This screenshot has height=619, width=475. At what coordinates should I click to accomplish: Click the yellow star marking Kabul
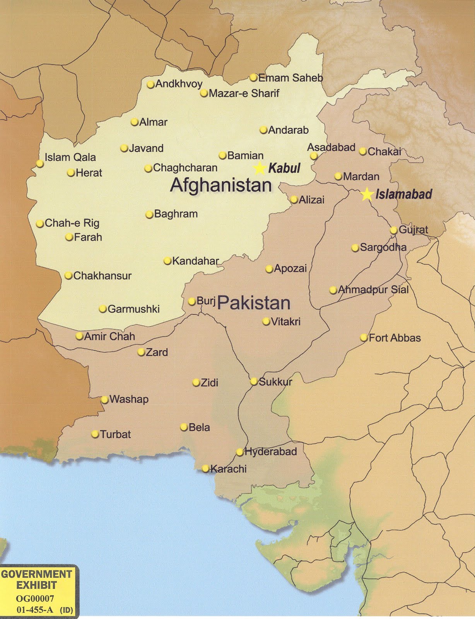(260, 169)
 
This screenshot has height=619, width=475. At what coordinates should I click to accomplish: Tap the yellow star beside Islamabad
(366, 194)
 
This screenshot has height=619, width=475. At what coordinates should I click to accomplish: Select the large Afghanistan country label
(221, 185)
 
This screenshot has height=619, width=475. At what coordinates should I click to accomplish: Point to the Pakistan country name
(254, 303)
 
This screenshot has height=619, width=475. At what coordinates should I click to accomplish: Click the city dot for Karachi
(205, 469)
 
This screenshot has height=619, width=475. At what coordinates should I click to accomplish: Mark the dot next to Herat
(71, 173)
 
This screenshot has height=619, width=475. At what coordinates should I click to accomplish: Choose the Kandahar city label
(195, 261)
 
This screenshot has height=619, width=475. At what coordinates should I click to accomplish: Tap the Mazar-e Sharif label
(244, 93)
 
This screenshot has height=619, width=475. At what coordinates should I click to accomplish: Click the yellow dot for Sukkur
(254, 381)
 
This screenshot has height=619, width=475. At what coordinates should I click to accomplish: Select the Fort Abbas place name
(395, 338)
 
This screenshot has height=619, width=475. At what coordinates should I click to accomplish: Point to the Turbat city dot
(95, 434)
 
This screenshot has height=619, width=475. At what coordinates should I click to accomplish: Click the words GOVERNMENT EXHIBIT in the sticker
(36, 580)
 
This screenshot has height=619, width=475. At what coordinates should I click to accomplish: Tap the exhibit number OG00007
(35, 598)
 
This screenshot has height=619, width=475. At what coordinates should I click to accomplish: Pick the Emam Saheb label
(290, 78)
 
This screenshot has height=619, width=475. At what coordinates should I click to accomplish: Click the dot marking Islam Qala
(40, 164)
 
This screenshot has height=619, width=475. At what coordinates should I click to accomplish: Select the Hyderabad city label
(270, 451)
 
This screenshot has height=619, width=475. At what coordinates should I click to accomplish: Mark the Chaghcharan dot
(148, 169)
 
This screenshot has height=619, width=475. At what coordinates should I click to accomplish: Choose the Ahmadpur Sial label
(373, 290)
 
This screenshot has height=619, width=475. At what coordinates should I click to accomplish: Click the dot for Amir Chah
(79, 337)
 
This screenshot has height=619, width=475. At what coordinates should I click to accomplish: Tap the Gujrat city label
(413, 230)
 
